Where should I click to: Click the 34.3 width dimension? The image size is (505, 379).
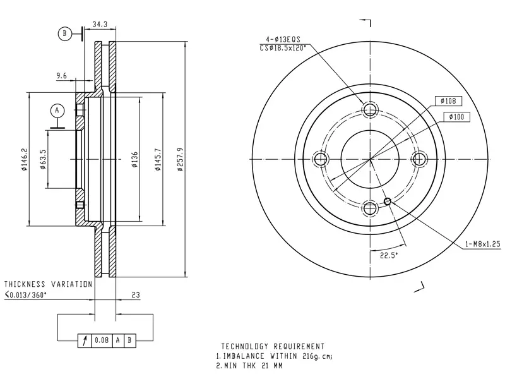pos(100,24)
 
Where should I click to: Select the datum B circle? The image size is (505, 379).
pos(64,33)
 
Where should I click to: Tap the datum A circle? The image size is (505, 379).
pos(57,111)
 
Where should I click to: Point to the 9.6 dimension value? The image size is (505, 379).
pos(61,76)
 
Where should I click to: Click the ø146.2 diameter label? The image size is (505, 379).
pos(24,160)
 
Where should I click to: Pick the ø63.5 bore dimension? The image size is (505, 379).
pos(43,160)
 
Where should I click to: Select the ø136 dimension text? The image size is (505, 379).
pos(134,160)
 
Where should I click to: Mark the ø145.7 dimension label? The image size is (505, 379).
pos(157,160)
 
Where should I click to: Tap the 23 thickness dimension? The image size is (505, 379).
pos(136,294)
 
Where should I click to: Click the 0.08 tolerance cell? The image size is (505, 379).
pos(102,340)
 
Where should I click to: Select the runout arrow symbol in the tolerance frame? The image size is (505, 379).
pos(85,340)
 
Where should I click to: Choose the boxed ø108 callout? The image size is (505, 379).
pos(448,101)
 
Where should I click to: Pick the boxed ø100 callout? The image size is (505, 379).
pos(456,117)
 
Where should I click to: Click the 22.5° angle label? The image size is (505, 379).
pos(389,255)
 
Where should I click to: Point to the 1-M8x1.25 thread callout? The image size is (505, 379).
pos(483,244)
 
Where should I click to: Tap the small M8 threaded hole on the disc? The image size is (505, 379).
pos(388,202)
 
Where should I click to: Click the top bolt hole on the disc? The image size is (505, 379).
pos(370,109)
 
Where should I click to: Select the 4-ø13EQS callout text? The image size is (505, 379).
pos(283,39)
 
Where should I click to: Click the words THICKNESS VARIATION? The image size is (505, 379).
pos(49,284)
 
